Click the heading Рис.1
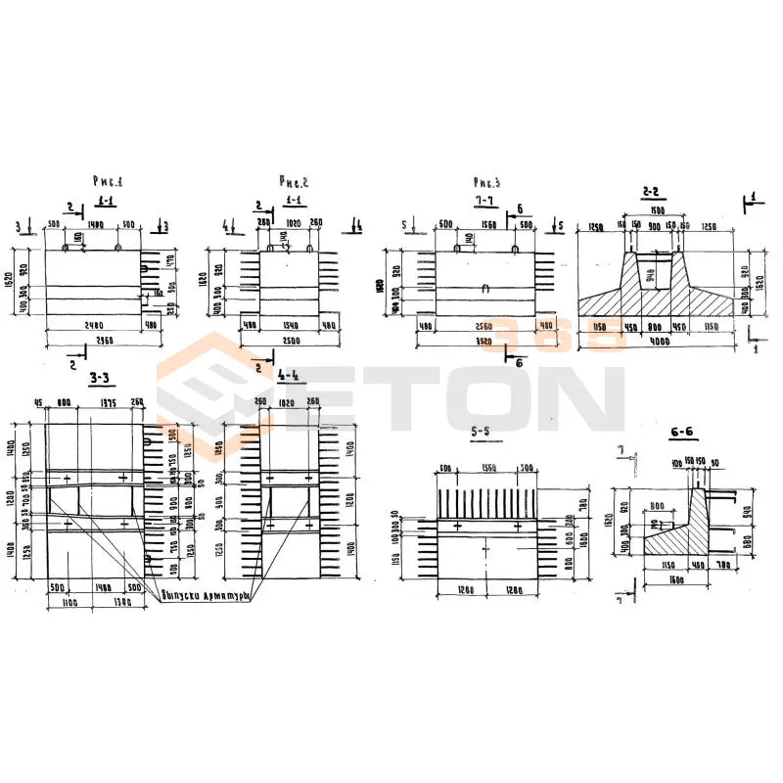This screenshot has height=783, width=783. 108,180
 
